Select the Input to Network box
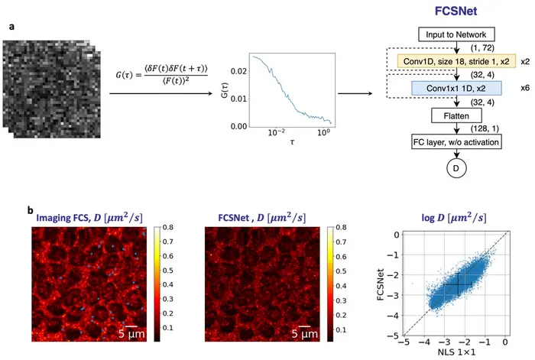tap(456, 34)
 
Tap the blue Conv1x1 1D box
tap(456, 89)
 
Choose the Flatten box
tap(456, 117)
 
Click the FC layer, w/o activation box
tap(456, 143)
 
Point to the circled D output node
tap(456, 167)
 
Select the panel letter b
tap(29, 208)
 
